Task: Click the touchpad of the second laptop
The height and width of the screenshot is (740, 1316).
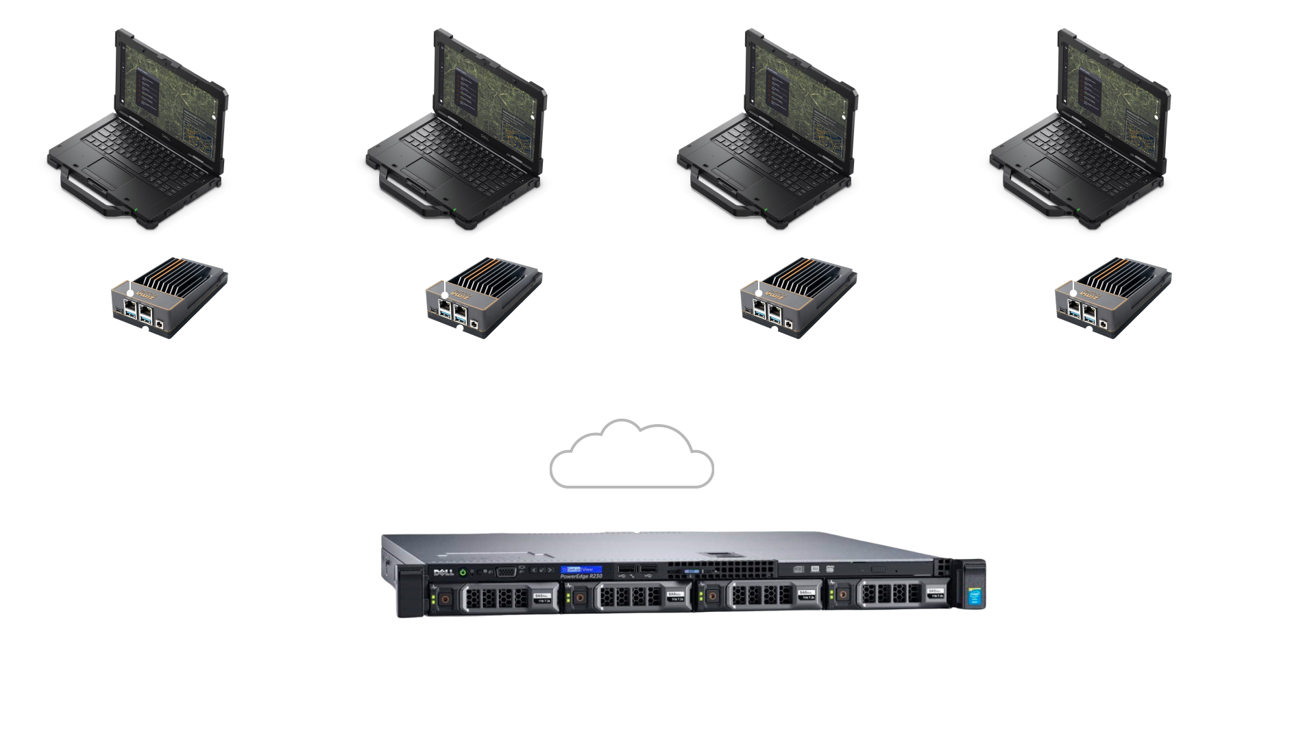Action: (425, 169)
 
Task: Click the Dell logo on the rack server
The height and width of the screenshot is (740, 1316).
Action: (439, 572)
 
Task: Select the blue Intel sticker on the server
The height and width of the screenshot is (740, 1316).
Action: (975, 597)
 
